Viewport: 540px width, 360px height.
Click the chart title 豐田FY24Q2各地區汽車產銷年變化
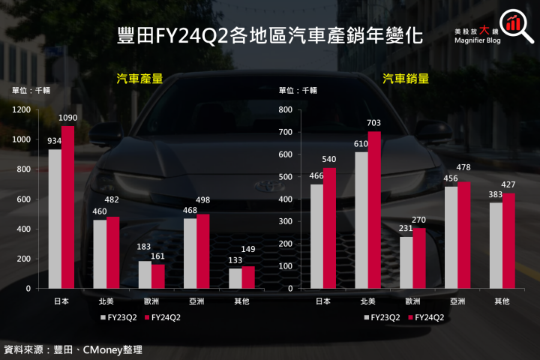[x=270, y=35]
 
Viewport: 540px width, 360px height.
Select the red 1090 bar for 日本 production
[x=68, y=207]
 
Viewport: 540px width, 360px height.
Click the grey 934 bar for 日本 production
[x=55, y=219]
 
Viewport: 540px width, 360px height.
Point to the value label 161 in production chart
[x=157, y=256]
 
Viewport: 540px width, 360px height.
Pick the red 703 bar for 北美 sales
[x=375, y=210]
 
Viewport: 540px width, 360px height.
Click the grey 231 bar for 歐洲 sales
[x=406, y=262]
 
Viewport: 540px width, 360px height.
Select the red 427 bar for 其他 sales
[x=509, y=241]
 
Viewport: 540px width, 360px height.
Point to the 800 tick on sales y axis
[x=285, y=109]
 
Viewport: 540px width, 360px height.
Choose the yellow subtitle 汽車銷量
[x=406, y=78]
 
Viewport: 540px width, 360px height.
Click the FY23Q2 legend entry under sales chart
[x=382, y=317]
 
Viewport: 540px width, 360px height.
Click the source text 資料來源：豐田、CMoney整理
[x=73, y=349]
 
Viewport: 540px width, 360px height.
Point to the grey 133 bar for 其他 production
[x=235, y=278]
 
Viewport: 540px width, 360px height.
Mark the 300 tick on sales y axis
[x=285, y=221]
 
